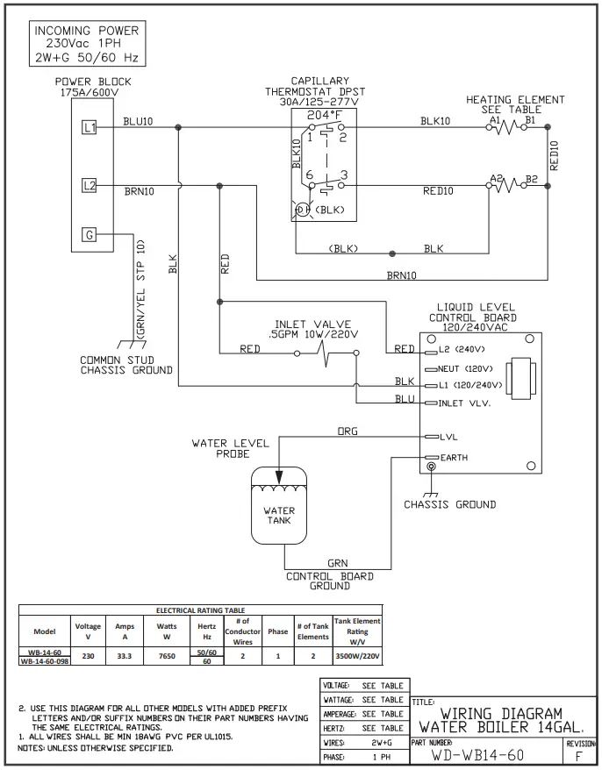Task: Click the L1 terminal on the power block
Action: (x=89, y=128)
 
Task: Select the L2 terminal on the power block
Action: (x=89, y=185)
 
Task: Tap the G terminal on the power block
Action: (x=89, y=234)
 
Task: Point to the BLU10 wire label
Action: (x=139, y=121)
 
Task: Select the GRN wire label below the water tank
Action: (x=338, y=563)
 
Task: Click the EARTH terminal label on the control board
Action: (x=455, y=458)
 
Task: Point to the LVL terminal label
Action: (x=449, y=436)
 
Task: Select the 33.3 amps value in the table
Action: (x=124, y=655)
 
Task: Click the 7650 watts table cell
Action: (x=166, y=655)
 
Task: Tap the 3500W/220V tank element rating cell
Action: (x=357, y=655)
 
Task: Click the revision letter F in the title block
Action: (x=577, y=753)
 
